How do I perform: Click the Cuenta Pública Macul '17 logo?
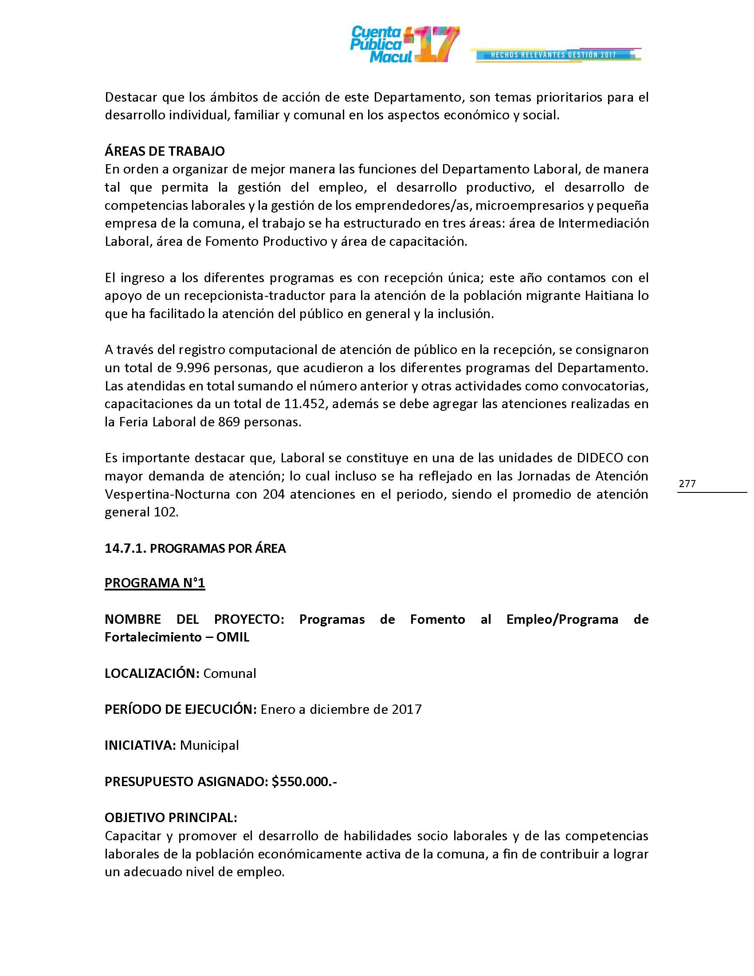[x=404, y=44]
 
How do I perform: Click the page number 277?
[x=687, y=484]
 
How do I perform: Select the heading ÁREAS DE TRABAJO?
[x=165, y=151]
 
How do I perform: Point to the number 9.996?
[x=188, y=368]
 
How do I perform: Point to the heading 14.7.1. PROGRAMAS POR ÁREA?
[x=195, y=548]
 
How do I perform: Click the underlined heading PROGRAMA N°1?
[x=154, y=583]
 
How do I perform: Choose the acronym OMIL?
[x=232, y=637]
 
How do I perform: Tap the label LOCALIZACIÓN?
[x=152, y=673]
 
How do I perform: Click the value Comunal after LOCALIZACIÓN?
[x=230, y=673]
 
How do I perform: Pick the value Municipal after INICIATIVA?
[x=209, y=745]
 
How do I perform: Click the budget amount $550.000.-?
[x=304, y=781]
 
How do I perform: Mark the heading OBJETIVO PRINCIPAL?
[x=171, y=817]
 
